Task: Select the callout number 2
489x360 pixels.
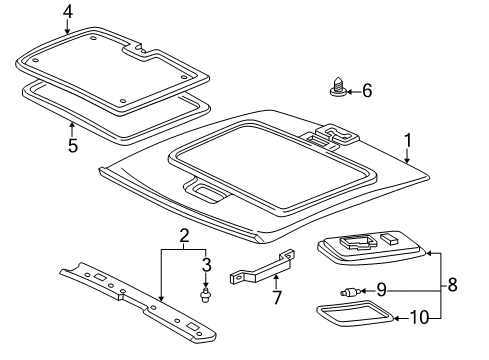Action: [x=183, y=236]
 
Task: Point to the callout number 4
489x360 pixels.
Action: [x=68, y=11]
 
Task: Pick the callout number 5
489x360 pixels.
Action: [x=73, y=145]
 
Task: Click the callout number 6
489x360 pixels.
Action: [x=366, y=90]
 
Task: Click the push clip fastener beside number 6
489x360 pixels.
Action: [x=337, y=91]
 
